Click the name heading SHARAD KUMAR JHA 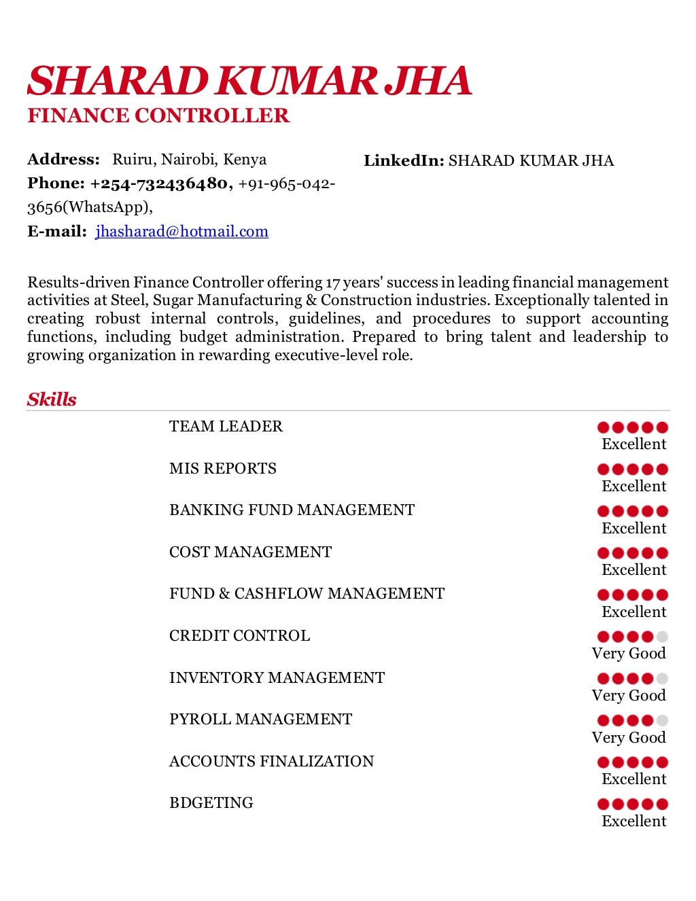coord(249,82)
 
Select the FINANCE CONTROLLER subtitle coord(158,116)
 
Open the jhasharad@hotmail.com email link coord(181,232)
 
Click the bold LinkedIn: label coord(404,161)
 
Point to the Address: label coord(63,160)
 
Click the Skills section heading coord(52,400)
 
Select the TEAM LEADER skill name coord(226,427)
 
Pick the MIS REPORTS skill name coord(223,469)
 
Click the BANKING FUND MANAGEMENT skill coord(292,510)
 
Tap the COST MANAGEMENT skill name coord(250,552)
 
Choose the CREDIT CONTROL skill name coord(239,636)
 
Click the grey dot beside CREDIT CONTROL coord(662,637)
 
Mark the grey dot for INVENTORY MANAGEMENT coord(662,679)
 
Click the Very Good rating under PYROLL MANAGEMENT coord(629,738)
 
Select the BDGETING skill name coord(211,803)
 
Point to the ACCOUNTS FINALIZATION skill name coord(271,762)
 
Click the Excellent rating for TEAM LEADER coord(634,444)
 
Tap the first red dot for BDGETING coord(603,805)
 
